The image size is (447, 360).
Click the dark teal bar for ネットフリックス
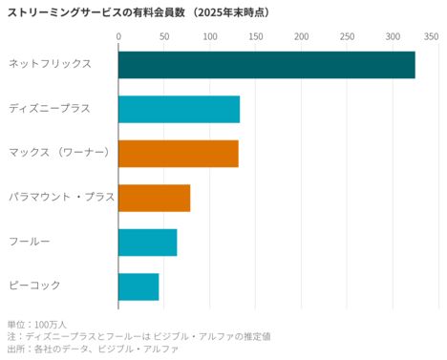266,64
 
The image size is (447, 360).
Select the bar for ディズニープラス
179,109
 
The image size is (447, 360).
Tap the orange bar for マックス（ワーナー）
178,153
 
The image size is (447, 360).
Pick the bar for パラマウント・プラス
154,198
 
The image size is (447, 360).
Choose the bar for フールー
147,243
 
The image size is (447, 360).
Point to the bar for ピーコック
138,286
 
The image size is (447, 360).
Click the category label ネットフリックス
50,64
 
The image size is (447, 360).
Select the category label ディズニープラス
50,109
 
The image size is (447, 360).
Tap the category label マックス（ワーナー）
59,153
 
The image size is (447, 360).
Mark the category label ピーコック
34,286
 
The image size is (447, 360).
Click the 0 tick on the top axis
118,36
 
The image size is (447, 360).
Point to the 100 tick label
210,36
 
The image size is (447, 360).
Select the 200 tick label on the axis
302,36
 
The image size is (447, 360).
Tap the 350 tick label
431,36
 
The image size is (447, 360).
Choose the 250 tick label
348,36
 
